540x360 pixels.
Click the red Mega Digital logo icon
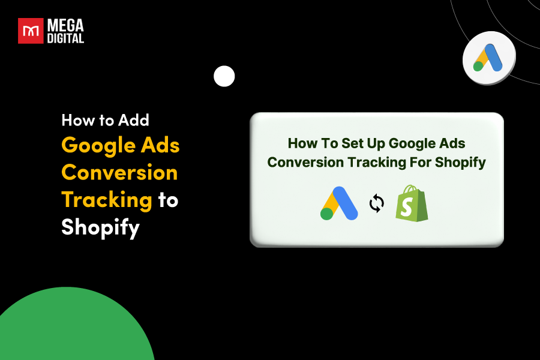click(x=31, y=31)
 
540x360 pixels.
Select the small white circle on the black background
click(x=224, y=76)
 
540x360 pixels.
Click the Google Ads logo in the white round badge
click(x=488, y=58)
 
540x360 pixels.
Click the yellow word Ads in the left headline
click(x=161, y=145)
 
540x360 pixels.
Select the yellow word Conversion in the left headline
click(x=119, y=173)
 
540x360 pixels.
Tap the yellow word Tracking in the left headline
click(x=107, y=200)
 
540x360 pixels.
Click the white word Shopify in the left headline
click(x=100, y=227)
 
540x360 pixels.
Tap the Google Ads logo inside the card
click(x=339, y=203)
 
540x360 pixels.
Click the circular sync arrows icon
click(x=376, y=204)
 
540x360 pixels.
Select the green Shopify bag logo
click(x=412, y=203)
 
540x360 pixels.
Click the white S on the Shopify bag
click(x=411, y=208)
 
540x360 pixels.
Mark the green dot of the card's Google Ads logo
click(x=327, y=214)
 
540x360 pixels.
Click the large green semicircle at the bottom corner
click(x=72, y=330)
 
